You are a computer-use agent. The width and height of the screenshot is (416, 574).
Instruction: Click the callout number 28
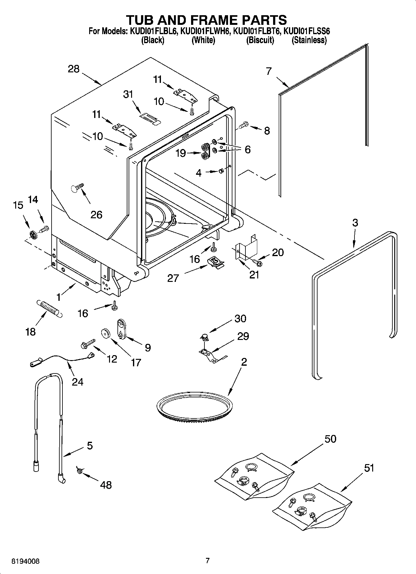74,69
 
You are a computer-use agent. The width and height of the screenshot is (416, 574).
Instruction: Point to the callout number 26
96,215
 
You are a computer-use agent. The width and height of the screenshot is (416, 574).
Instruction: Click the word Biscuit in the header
260,40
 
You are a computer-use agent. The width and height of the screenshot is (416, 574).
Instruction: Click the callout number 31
128,94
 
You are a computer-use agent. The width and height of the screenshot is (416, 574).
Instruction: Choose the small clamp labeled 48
79,471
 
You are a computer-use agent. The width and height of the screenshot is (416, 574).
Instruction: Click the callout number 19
181,153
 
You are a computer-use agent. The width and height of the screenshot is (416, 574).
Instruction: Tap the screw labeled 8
243,125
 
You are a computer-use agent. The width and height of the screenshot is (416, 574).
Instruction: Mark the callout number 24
78,381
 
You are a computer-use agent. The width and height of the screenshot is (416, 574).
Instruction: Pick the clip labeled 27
215,262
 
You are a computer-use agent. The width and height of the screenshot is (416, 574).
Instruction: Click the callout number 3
355,223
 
